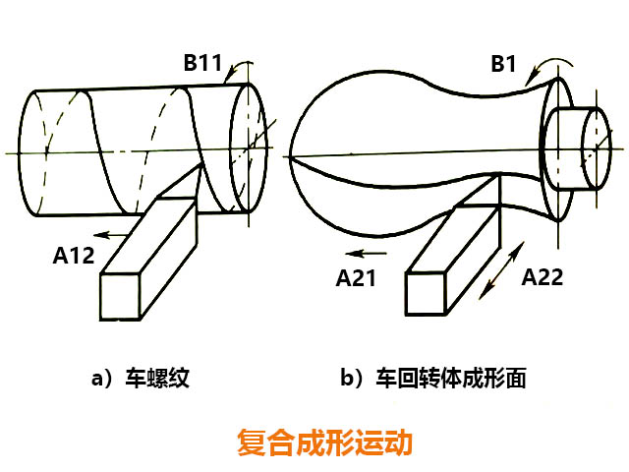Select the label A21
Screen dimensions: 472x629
pos(356,279)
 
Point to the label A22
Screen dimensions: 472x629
pos(543,278)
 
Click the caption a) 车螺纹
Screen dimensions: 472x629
pos(139,380)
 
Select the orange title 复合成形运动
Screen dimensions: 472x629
pos(324,441)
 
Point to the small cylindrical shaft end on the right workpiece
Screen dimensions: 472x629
pos(580,147)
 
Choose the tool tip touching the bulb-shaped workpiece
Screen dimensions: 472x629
pos(496,180)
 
